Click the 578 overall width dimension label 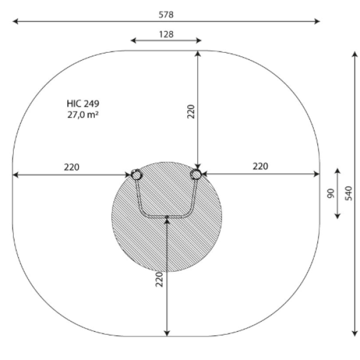[x=166, y=14]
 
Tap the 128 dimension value [x=166, y=34]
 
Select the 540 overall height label [x=349, y=193]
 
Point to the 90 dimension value [x=331, y=193]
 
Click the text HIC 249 [x=83, y=104]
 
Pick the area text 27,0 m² [x=83, y=115]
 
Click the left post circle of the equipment [x=136, y=175]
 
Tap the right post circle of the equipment [x=196, y=174]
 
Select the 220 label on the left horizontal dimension [x=71, y=167]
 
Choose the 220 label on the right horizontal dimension [x=260, y=166]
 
